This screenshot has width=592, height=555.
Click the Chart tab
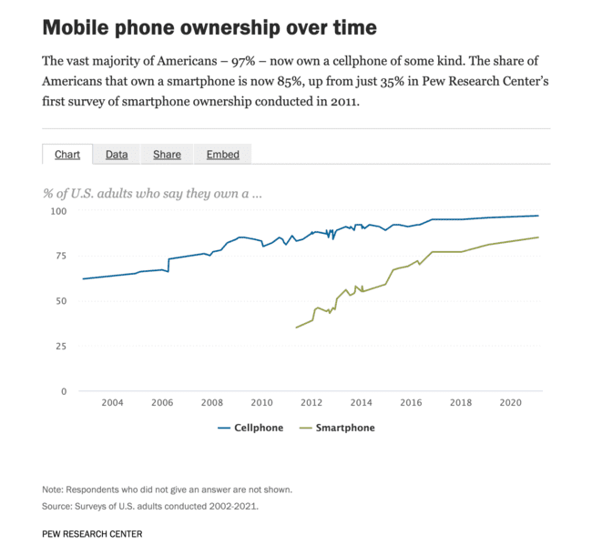tap(67, 155)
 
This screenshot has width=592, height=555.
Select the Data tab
tap(117, 155)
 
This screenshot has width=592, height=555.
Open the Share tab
tap(167, 155)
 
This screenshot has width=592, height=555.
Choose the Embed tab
tap(222, 155)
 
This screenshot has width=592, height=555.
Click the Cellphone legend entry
tap(250, 428)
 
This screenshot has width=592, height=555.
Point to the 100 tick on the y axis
tap(58, 211)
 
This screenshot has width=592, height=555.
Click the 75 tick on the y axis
tap(61, 257)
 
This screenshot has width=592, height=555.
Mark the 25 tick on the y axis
tap(61, 347)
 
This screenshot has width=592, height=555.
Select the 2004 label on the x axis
tap(112, 403)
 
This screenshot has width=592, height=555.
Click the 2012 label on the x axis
tap(311, 403)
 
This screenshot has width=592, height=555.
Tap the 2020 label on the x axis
tap(511, 403)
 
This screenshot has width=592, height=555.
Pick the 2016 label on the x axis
tap(411, 403)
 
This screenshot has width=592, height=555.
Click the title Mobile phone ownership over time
tap(209, 27)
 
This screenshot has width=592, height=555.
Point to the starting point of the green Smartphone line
tap(296, 328)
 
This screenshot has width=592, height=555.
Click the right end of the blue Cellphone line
tap(538, 216)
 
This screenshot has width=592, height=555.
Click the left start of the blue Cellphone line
tap(83, 278)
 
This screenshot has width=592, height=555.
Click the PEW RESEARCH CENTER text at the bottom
tap(92, 534)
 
